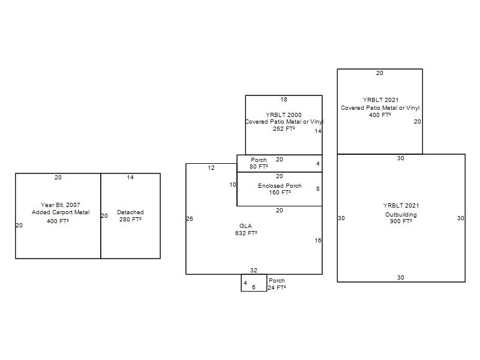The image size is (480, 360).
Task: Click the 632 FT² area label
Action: (x=246, y=233)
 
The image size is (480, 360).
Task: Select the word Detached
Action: (x=130, y=212)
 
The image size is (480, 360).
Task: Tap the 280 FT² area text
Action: (x=130, y=220)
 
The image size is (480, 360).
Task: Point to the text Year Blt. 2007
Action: (x=61, y=205)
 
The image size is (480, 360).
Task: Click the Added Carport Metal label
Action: (x=61, y=212)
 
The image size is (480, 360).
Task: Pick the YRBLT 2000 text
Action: (x=283, y=115)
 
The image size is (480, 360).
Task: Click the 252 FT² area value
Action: (x=284, y=129)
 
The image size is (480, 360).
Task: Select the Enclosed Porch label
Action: (x=280, y=186)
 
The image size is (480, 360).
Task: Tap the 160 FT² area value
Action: (x=280, y=193)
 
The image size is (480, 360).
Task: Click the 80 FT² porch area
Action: (x=259, y=167)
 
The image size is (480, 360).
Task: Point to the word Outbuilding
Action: (x=401, y=215)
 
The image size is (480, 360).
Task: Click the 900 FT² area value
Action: (x=401, y=221)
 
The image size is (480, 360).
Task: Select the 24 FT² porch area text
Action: (x=277, y=288)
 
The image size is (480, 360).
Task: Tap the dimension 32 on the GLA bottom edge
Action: (x=253, y=271)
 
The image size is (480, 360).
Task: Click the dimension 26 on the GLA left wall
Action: (x=190, y=218)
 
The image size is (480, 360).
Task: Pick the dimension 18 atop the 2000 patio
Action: (x=284, y=100)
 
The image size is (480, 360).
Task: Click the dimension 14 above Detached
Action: (x=130, y=177)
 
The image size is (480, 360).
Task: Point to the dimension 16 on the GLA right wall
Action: (x=318, y=241)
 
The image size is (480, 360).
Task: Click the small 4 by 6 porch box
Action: (x=254, y=274)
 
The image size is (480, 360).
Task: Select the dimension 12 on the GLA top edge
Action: (x=211, y=168)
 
